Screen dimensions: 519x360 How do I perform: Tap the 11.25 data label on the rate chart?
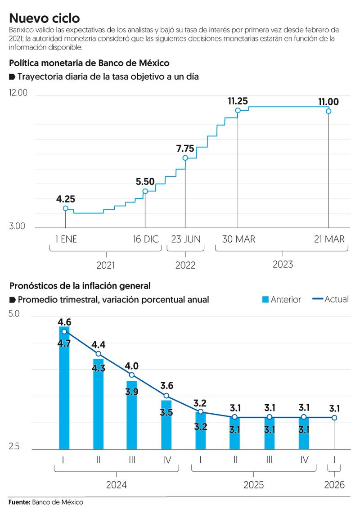point(238,101)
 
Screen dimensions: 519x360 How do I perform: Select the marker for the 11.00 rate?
point(329,111)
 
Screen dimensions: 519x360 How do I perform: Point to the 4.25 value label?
point(66,199)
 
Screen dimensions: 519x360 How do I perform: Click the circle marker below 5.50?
point(145,191)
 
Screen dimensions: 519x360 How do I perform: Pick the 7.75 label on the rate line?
point(185,149)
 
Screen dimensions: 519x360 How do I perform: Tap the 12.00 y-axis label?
point(18,93)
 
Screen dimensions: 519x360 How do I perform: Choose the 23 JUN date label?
point(185,239)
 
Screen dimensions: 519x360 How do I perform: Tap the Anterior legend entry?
point(281,299)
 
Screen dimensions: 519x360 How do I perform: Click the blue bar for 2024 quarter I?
point(64,392)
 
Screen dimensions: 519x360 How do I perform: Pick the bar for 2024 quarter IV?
point(166,425)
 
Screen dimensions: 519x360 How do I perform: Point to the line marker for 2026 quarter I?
point(334,418)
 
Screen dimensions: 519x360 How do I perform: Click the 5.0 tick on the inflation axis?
point(14,314)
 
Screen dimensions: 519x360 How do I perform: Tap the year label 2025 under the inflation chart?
point(253,485)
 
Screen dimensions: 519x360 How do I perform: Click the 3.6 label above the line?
point(166,385)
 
